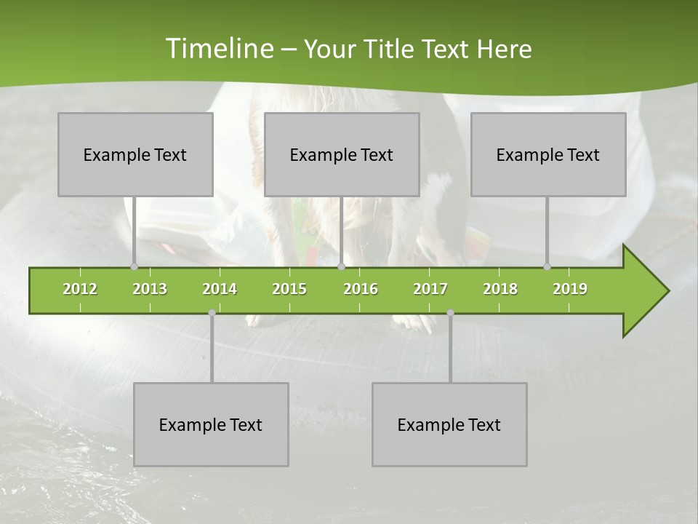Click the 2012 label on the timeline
click(x=80, y=289)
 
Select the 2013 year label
click(x=150, y=289)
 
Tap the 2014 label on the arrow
click(x=220, y=289)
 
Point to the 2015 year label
click(x=289, y=289)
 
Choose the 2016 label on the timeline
click(x=361, y=289)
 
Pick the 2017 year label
click(x=430, y=289)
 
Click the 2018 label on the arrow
click(x=500, y=289)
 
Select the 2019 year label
click(x=570, y=289)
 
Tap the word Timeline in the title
click(x=218, y=49)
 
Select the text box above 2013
click(x=135, y=154)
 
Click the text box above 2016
click(x=342, y=154)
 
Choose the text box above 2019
click(x=548, y=154)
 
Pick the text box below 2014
click(x=211, y=424)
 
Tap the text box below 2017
click(x=449, y=424)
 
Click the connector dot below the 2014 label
click(x=212, y=313)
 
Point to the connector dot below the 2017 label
click(x=450, y=313)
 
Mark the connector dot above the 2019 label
click(x=547, y=266)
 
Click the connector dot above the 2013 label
click(x=134, y=266)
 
